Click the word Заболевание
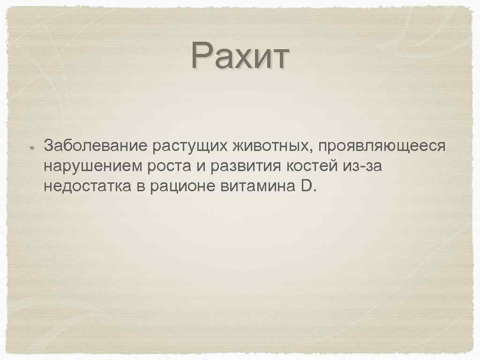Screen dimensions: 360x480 coord(96,146)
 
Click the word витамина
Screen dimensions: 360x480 coord(256,187)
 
